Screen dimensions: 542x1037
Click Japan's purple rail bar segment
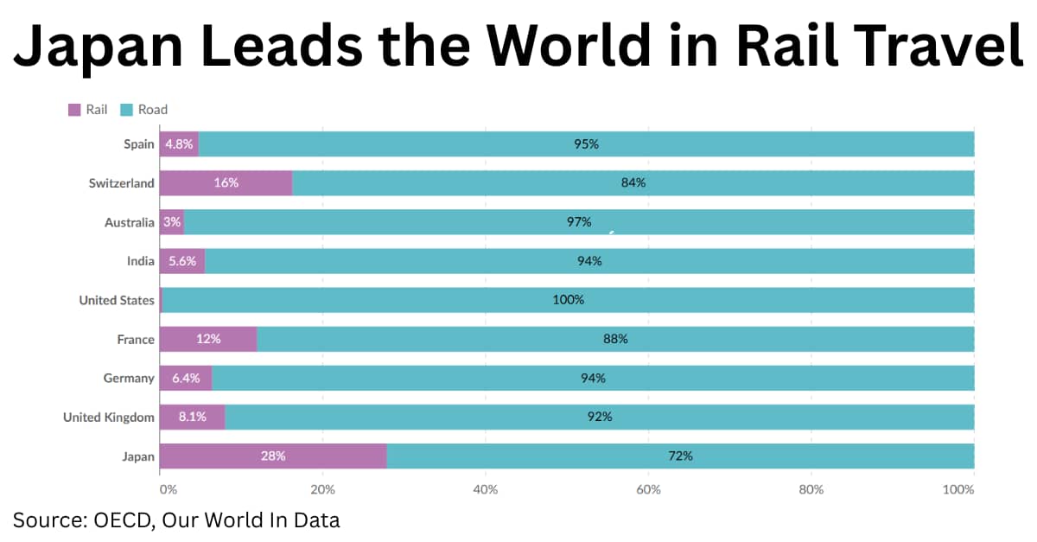[x=273, y=456]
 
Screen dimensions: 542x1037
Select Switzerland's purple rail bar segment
[x=226, y=183]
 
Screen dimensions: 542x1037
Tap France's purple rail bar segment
[x=208, y=339]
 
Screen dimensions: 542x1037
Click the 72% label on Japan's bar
[x=680, y=456]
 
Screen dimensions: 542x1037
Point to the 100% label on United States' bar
[x=569, y=300]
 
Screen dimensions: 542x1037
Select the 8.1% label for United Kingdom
[x=192, y=417]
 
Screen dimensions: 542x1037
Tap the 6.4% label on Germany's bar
[x=186, y=378]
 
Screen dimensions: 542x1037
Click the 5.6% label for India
[x=182, y=261]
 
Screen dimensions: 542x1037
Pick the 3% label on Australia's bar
[x=172, y=222]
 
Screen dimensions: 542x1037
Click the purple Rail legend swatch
[x=74, y=110]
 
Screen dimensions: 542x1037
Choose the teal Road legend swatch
[x=126, y=110]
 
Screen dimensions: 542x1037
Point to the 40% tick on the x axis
[x=486, y=490]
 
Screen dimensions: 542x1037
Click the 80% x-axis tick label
[x=811, y=490]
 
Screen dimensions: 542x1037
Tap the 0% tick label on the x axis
[x=168, y=490]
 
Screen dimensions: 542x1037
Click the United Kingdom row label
[x=109, y=418]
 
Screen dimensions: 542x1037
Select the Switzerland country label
[x=121, y=183]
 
